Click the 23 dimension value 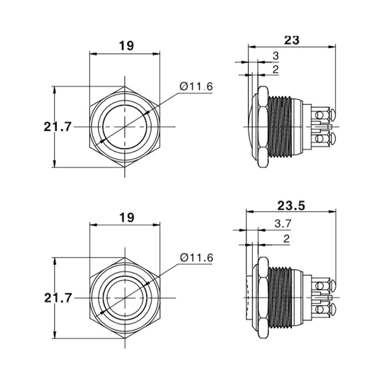coord(291,40)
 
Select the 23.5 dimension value coord(291,206)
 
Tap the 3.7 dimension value coord(283,224)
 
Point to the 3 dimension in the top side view coord(276,56)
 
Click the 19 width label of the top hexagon coord(126,46)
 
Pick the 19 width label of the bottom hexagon coord(127,217)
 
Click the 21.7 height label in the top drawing coord(57,127)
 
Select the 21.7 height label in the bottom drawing coord(58,298)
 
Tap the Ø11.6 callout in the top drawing coord(196,87)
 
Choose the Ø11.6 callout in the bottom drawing coord(196,258)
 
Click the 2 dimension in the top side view coord(276,70)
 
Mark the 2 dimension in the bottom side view coord(286,239)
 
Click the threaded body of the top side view coord(280,126)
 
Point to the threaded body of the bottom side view coord(281,298)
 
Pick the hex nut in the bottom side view coord(263,298)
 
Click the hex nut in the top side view coord(263,127)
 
